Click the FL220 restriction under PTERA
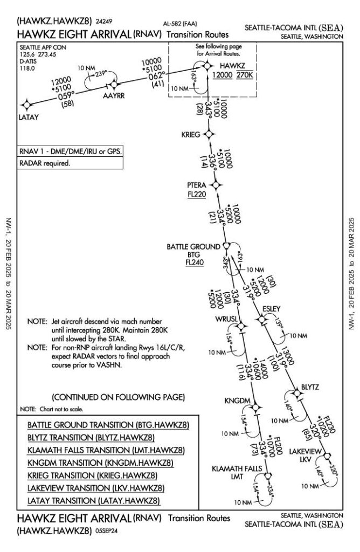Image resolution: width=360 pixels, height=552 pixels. coord(197,195)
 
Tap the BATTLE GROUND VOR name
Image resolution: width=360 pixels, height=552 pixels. coord(193,246)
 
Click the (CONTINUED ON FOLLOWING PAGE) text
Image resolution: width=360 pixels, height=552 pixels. coord(118,398)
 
